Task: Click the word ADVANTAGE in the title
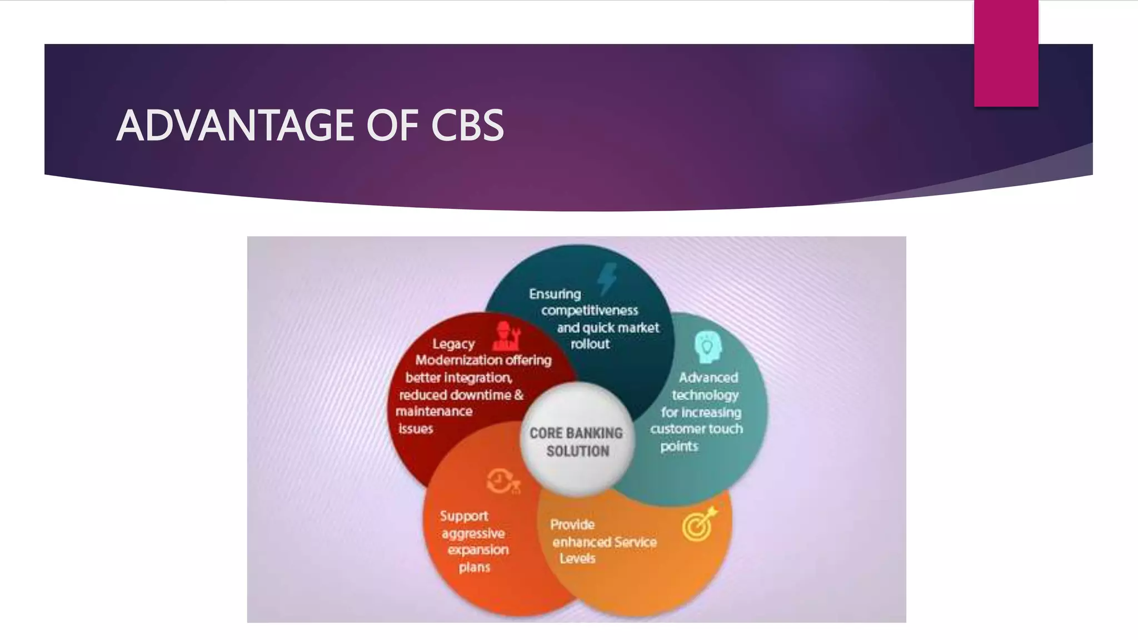click(x=236, y=126)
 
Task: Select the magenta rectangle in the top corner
click(x=1006, y=53)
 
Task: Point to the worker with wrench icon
click(x=506, y=336)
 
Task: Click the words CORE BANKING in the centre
click(x=576, y=433)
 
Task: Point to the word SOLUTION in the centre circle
click(x=578, y=451)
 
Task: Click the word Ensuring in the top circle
click(x=555, y=294)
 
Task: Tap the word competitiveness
click(x=590, y=310)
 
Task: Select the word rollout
click(x=590, y=344)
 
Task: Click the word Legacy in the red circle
click(x=453, y=344)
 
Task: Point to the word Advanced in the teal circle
click(x=708, y=378)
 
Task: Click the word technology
click(x=705, y=395)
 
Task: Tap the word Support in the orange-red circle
click(x=464, y=516)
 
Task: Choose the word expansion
click(x=478, y=550)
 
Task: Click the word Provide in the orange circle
click(x=572, y=524)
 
